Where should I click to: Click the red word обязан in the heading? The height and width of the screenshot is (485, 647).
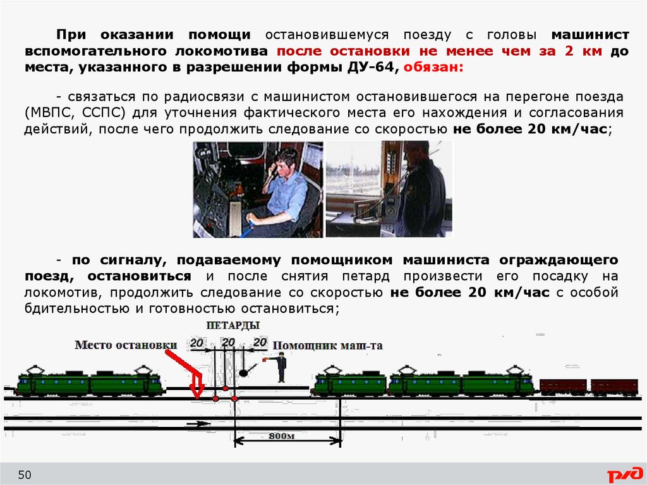tap(433, 67)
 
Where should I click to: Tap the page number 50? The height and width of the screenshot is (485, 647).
tap(25, 475)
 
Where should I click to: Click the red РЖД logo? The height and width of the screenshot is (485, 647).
tap(624, 474)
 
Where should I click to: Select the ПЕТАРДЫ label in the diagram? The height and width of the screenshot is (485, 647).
tap(233, 325)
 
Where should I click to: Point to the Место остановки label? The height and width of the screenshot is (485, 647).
tap(126, 345)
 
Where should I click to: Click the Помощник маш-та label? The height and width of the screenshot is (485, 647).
tap(328, 345)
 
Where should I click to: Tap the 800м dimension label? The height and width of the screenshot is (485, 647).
tap(282, 436)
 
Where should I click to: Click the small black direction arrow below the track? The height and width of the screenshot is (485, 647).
tap(198, 424)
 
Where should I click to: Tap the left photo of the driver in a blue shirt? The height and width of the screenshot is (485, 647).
tap(258, 190)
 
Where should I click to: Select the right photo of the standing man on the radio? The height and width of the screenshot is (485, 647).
tap(389, 189)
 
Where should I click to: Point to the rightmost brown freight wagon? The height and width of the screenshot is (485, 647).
tap(614, 387)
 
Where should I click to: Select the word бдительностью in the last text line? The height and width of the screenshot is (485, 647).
tap(77, 309)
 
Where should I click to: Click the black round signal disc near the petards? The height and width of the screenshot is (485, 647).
tap(243, 372)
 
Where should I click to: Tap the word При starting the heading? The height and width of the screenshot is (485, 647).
tap(71, 35)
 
